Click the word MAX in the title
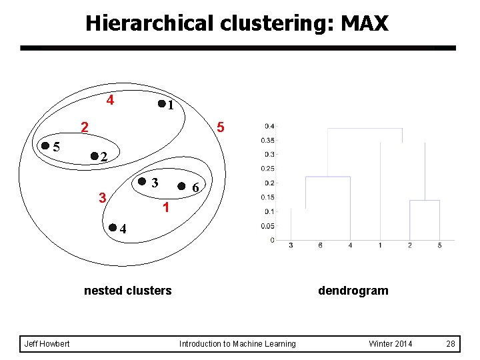coord(364,24)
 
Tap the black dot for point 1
coord(161,104)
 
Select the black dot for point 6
coord(182,187)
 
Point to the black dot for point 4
coord(113,228)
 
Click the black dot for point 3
coord(142,181)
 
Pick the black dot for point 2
coord(94,156)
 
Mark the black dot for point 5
coord(45,145)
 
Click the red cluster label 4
coord(111,101)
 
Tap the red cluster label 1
coord(167,208)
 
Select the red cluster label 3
coord(101,197)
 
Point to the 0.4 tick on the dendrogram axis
coord(269,126)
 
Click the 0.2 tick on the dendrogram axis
coord(269,183)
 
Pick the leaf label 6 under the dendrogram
coord(321,246)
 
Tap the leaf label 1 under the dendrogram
coord(380,246)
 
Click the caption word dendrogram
coord(353,291)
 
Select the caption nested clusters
coord(127,291)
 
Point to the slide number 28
coord(450,344)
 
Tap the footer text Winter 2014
coord(391,344)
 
